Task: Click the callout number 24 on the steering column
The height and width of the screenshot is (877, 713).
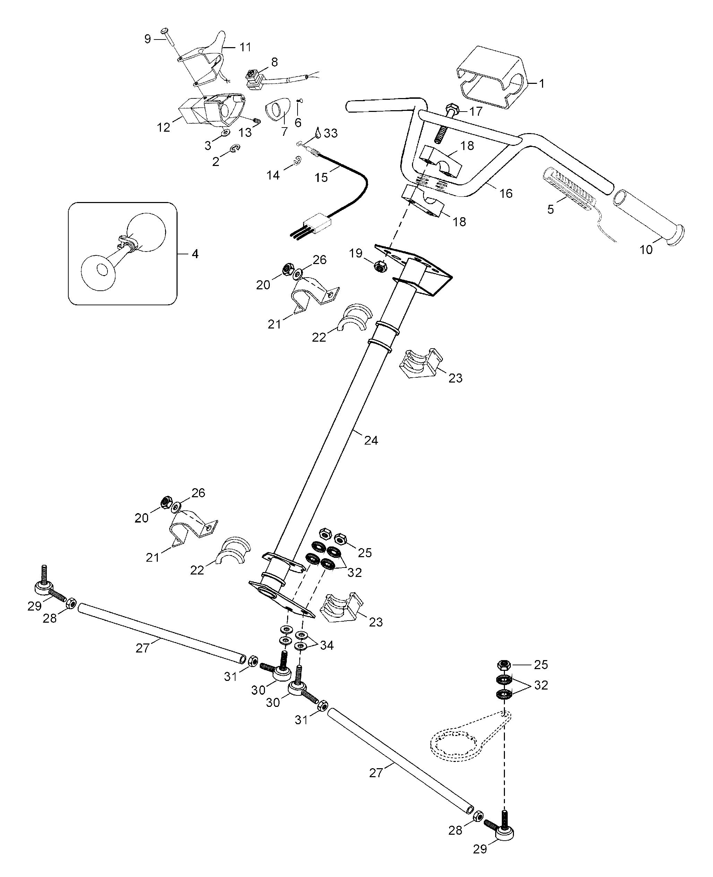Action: click(371, 440)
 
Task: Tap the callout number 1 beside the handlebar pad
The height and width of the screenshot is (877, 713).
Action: click(542, 84)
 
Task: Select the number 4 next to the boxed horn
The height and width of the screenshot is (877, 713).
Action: click(195, 254)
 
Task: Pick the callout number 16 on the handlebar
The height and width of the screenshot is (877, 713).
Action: click(506, 193)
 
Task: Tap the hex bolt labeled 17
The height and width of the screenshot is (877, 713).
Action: click(453, 109)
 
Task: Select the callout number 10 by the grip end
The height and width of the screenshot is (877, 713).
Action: click(646, 249)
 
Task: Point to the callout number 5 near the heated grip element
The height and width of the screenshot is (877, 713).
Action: click(550, 209)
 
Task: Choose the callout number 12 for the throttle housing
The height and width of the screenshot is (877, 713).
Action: click(163, 128)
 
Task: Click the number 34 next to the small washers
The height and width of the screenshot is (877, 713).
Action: click(327, 646)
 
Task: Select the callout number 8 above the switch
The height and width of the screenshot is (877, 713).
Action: click(274, 62)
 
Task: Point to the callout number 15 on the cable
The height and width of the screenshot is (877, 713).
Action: click(321, 177)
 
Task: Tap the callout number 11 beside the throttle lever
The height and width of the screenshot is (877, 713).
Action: click(245, 47)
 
